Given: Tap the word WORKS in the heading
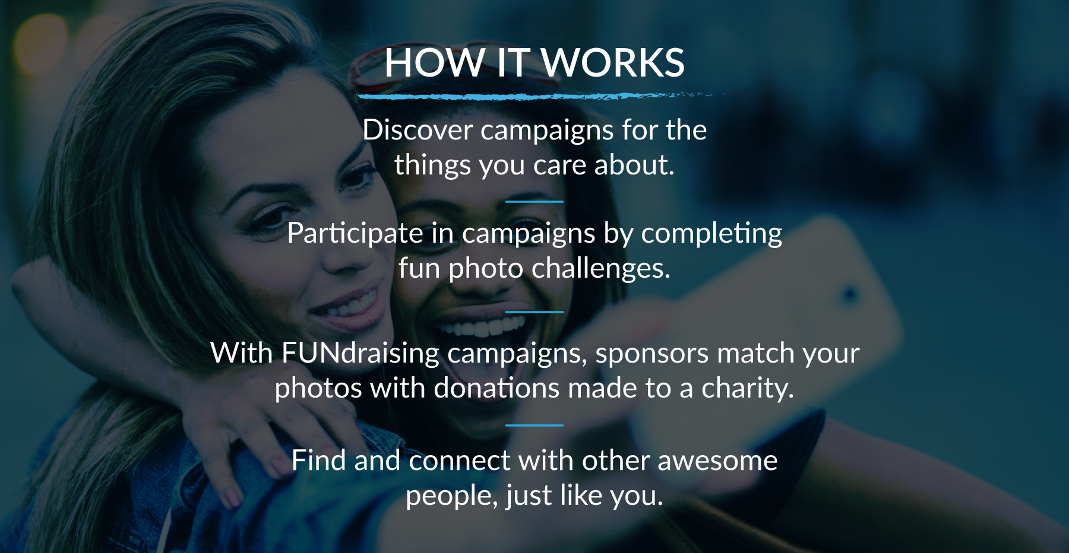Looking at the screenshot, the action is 613,62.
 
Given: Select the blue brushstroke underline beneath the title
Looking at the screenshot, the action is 537,96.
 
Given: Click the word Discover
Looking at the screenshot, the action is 418,130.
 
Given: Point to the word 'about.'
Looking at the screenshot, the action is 634,164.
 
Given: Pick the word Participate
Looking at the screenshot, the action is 355,233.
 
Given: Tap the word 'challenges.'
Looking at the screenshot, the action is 601,268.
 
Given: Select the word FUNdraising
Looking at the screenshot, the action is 360,353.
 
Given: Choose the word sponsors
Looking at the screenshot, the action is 652,354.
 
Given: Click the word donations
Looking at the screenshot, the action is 496,388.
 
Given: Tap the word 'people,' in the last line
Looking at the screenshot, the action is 452,496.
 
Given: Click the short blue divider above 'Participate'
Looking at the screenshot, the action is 534,202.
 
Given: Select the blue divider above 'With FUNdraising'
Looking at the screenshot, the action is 534,312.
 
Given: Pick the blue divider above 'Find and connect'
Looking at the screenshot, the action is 534,425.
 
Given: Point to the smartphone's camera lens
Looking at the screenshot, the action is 850,294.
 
